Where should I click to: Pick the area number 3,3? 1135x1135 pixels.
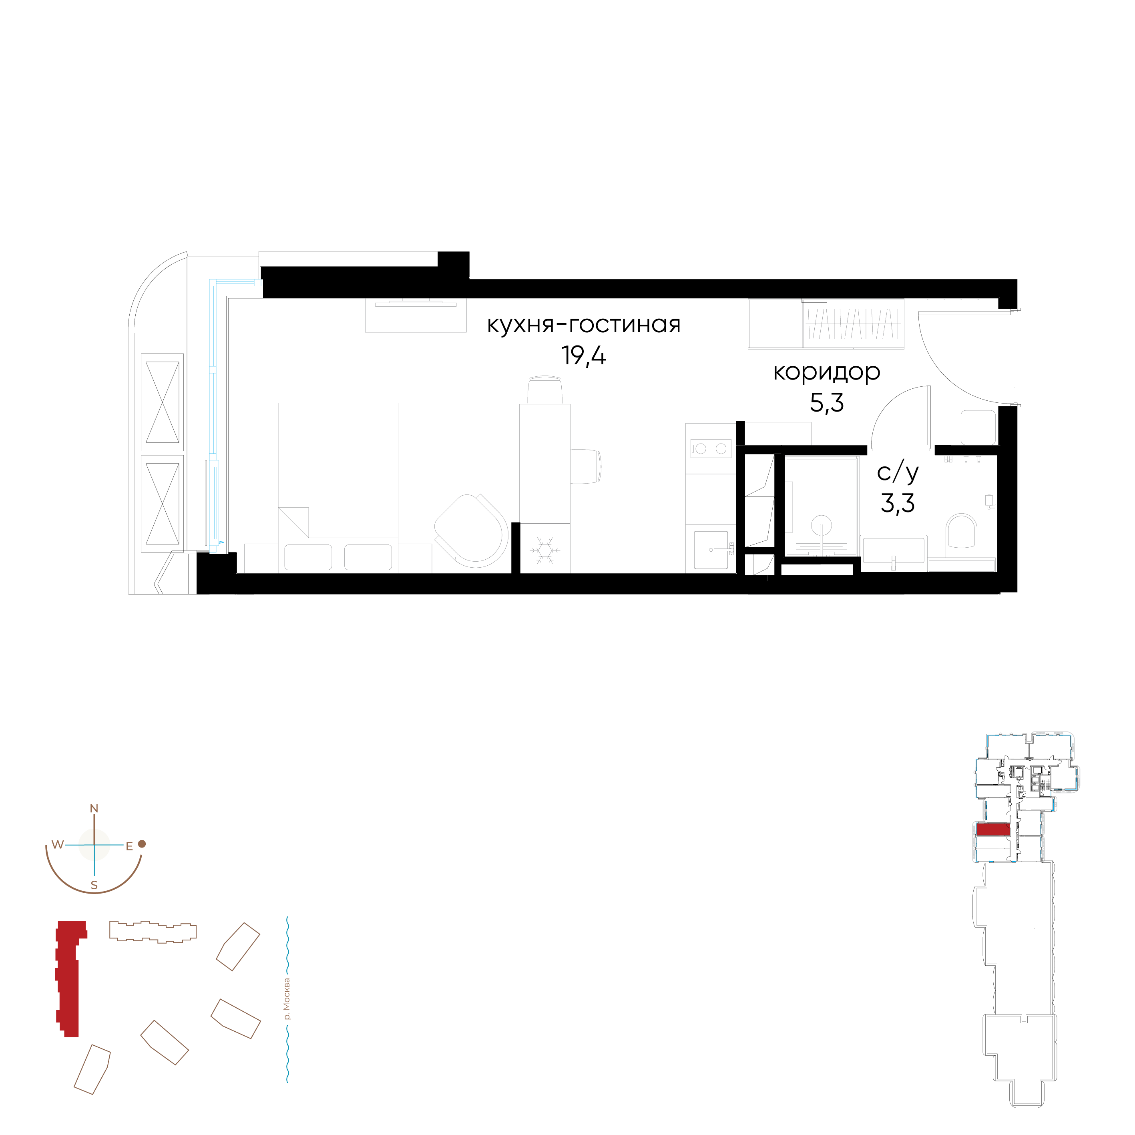[x=897, y=504]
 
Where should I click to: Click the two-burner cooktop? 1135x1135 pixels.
[x=710, y=449]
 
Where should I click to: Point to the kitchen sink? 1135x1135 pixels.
[x=711, y=550]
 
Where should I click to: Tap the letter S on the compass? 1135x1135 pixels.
[x=94, y=885]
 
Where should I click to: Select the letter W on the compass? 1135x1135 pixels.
[x=57, y=845]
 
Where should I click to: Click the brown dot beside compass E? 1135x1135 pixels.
[x=142, y=844]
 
